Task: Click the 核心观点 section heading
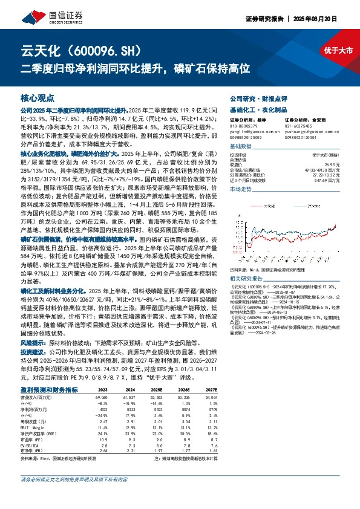(38, 97)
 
